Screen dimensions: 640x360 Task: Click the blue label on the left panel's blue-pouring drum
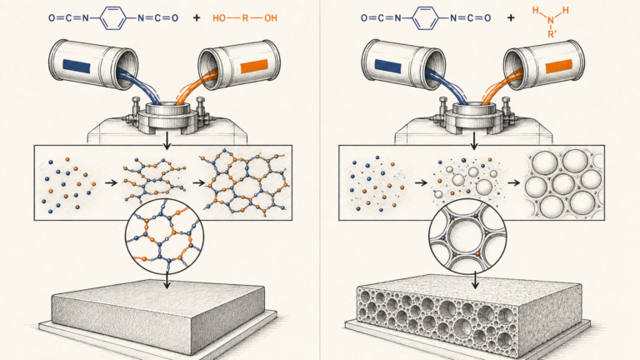pyautogui.click(x=77, y=67)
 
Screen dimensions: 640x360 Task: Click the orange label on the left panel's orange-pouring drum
pyautogui.click(x=254, y=66)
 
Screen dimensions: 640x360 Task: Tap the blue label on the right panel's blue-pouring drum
pyautogui.click(x=388, y=67)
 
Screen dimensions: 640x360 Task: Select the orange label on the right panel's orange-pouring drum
pyautogui.click(x=559, y=66)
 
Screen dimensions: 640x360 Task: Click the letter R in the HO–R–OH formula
pyautogui.click(x=245, y=18)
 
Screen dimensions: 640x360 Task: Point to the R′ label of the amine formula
pyautogui.click(x=552, y=34)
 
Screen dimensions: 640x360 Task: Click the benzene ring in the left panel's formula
pyautogui.click(x=113, y=18)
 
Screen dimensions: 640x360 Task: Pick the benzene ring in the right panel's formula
pyautogui.click(x=425, y=18)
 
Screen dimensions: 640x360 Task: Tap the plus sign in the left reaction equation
pyautogui.click(x=197, y=18)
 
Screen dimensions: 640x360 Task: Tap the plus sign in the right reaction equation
pyautogui.click(x=511, y=18)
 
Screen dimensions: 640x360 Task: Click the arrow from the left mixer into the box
pyautogui.click(x=167, y=141)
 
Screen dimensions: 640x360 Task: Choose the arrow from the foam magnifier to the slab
pyautogui.click(x=475, y=280)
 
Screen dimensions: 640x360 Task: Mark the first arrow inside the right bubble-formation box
pyautogui.click(x=421, y=182)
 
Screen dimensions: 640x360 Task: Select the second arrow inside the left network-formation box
pyautogui.click(x=198, y=182)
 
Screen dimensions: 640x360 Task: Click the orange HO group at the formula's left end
pyautogui.click(x=219, y=18)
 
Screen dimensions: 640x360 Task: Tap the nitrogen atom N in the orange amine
pyautogui.click(x=551, y=20)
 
